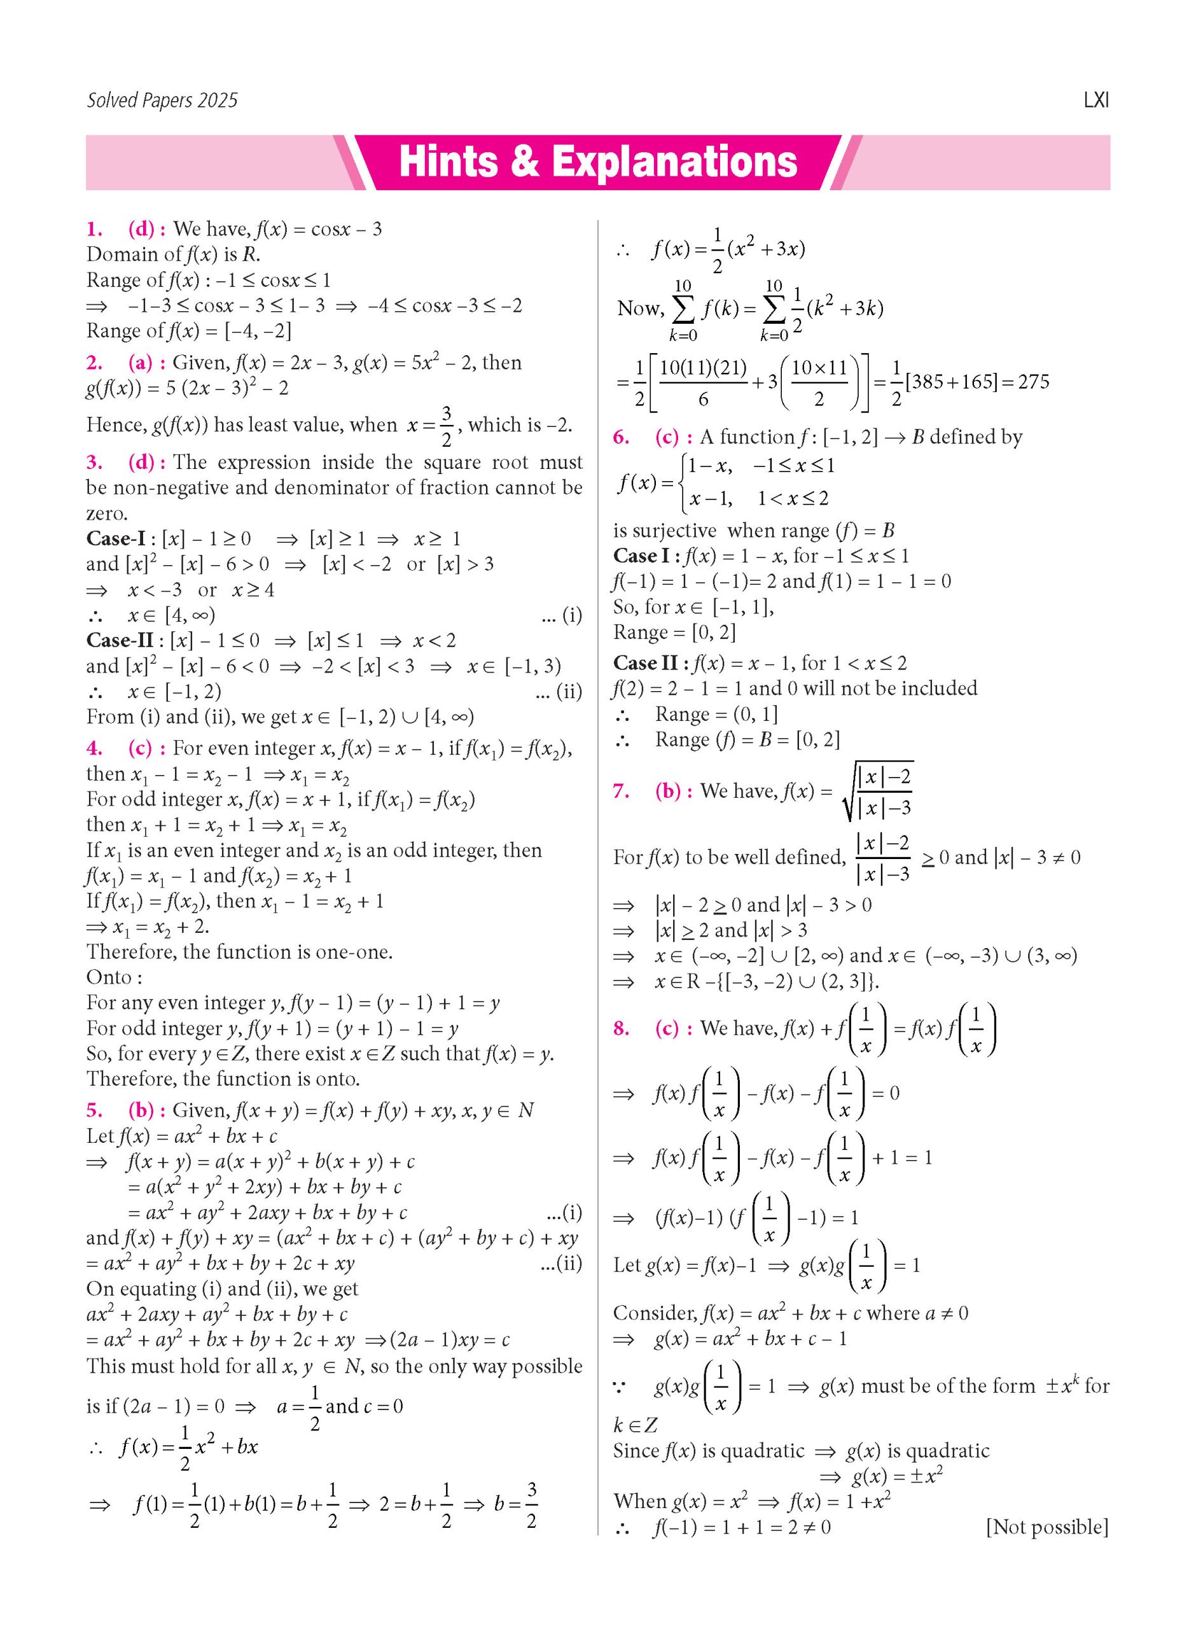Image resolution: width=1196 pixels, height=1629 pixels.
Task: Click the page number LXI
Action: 1095,100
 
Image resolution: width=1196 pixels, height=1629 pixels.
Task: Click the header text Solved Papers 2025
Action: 162,100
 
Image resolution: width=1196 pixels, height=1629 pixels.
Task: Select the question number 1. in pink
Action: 94,230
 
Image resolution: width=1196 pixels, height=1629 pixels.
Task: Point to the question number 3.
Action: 94,462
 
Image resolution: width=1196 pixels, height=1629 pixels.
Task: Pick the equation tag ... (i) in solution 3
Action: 561,615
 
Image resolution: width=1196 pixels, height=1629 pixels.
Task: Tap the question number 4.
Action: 94,748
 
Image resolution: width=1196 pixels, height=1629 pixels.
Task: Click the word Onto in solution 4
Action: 109,977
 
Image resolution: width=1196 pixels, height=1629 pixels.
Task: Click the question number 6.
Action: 621,437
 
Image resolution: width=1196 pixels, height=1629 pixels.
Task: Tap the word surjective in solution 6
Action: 665,530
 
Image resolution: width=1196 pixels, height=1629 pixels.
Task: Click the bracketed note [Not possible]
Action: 1046,1527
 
